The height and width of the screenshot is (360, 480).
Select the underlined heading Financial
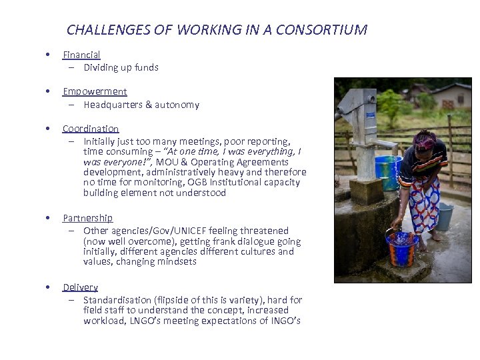pyautogui.click(x=81, y=55)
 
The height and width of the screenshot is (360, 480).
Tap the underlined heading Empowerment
pyautogui.click(x=95, y=91)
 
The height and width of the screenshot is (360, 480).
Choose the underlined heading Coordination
pyautogui.click(x=91, y=129)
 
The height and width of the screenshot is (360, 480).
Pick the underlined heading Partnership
pyautogui.click(x=87, y=218)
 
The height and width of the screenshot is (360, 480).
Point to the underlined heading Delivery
pyautogui.click(x=81, y=287)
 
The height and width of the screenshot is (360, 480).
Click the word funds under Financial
pyautogui.click(x=146, y=67)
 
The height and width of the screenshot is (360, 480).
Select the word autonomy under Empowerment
pyautogui.click(x=177, y=105)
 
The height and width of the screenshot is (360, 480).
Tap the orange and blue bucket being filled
pyautogui.click(x=402, y=247)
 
